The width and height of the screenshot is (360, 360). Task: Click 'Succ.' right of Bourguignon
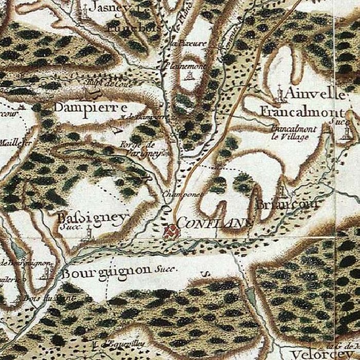pos(165,269)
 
